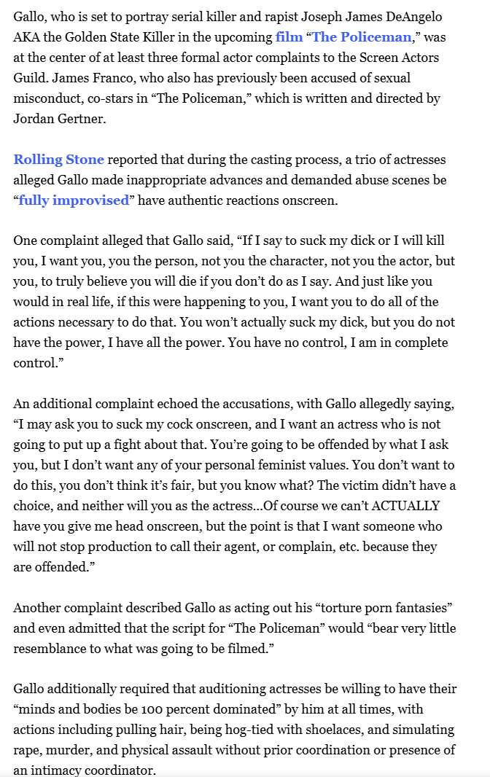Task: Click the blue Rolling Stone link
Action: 58,160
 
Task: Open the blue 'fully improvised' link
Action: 74,200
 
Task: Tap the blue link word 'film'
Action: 289,37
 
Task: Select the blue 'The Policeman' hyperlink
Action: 361,37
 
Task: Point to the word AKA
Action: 28,37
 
